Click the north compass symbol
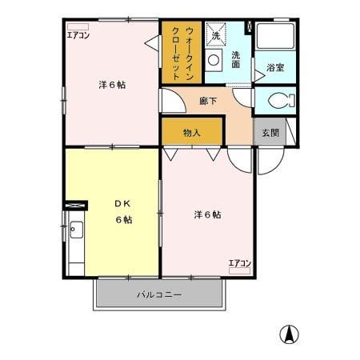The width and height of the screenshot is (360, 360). [x=289, y=334]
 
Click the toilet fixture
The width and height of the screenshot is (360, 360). [x=277, y=101]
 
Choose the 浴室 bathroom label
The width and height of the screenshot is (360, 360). [x=275, y=69]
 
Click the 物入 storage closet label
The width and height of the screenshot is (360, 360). [x=191, y=132]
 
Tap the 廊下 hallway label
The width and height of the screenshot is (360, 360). [x=208, y=102]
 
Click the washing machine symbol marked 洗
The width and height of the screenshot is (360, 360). [x=214, y=34]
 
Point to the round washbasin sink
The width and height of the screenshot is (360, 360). [x=214, y=60]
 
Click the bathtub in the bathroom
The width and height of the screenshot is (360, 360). [x=275, y=37]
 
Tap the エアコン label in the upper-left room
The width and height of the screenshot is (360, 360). [x=78, y=34]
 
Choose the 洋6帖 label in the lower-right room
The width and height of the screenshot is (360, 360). [x=206, y=214]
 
